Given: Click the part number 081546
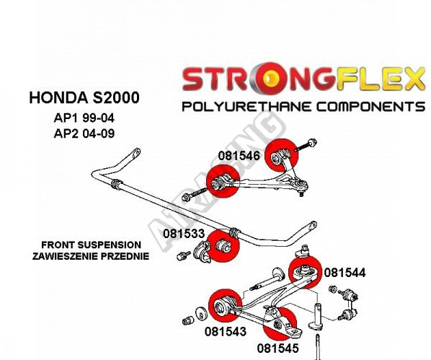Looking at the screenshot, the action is (239, 156).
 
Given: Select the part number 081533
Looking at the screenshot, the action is (184, 234).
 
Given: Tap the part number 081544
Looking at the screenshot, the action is (345, 273).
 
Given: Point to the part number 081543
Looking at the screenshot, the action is (226, 331).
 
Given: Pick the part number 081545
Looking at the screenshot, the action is (277, 348).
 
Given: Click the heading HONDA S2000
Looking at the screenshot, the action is (84, 97).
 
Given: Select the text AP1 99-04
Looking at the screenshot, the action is (84, 118).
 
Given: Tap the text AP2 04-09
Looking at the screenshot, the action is (84, 133).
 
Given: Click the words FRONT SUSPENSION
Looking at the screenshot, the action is (92, 245).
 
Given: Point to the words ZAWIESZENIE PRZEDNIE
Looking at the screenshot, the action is (91, 256).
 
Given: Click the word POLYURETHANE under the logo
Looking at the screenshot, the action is (246, 106).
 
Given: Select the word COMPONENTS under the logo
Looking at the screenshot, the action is (370, 106).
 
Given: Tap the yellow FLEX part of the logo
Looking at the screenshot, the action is (381, 79).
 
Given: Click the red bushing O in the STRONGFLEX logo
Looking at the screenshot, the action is (271, 78).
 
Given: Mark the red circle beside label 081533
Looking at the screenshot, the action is (223, 246).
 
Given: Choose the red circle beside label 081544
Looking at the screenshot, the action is (305, 272).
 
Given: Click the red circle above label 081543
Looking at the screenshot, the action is (225, 305).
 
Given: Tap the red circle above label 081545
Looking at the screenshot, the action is (280, 324).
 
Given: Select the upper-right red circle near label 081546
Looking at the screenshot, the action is (282, 155).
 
